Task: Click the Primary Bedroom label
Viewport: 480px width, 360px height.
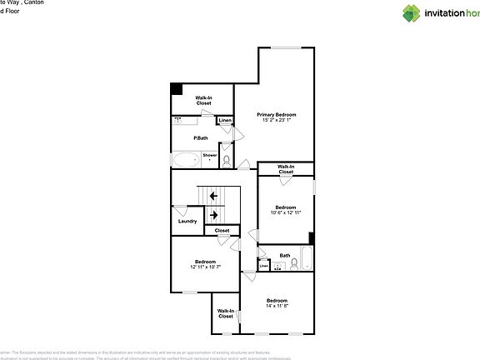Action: click(x=276, y=114)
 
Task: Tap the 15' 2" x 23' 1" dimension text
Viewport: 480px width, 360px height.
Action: click(x=276, y=121)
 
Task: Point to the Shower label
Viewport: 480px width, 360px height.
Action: click(x=210, y=155)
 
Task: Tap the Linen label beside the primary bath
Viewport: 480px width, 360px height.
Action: click(x=224, y=122)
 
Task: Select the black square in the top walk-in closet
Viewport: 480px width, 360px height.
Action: click(x=177, y=89)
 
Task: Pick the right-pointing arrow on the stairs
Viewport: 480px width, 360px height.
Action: click(x=213, y=215)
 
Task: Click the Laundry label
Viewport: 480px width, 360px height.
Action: click(x=187, y=221)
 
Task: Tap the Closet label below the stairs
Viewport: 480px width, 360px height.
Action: click(x=222, y=231)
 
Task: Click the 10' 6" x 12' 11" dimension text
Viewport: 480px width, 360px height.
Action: click(x=285, y=213)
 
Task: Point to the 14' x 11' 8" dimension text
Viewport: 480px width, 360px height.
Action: click(x=277, y=307)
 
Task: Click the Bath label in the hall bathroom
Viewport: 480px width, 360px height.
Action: click(x=285, y=256)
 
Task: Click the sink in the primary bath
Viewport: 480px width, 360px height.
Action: click(x=178, y=122)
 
